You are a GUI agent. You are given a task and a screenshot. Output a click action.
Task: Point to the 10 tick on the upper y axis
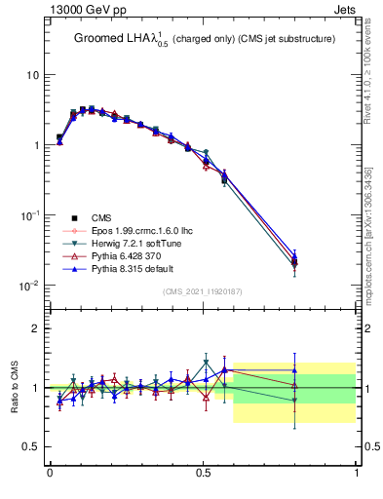coord(32,75)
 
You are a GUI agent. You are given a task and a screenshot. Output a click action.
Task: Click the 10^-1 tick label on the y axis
coord(29,215)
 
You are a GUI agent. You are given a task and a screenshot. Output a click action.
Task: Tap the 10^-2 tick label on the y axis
coord(29,286)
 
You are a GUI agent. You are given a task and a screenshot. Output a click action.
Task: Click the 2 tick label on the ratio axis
coord(36,328)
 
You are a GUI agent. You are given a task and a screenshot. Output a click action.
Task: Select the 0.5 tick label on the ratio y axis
coord(31,446)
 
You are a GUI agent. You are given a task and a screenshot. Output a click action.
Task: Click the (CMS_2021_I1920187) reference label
coord(203,291)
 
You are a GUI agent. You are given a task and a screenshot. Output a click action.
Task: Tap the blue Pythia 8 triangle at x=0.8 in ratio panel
coord(295,370)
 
